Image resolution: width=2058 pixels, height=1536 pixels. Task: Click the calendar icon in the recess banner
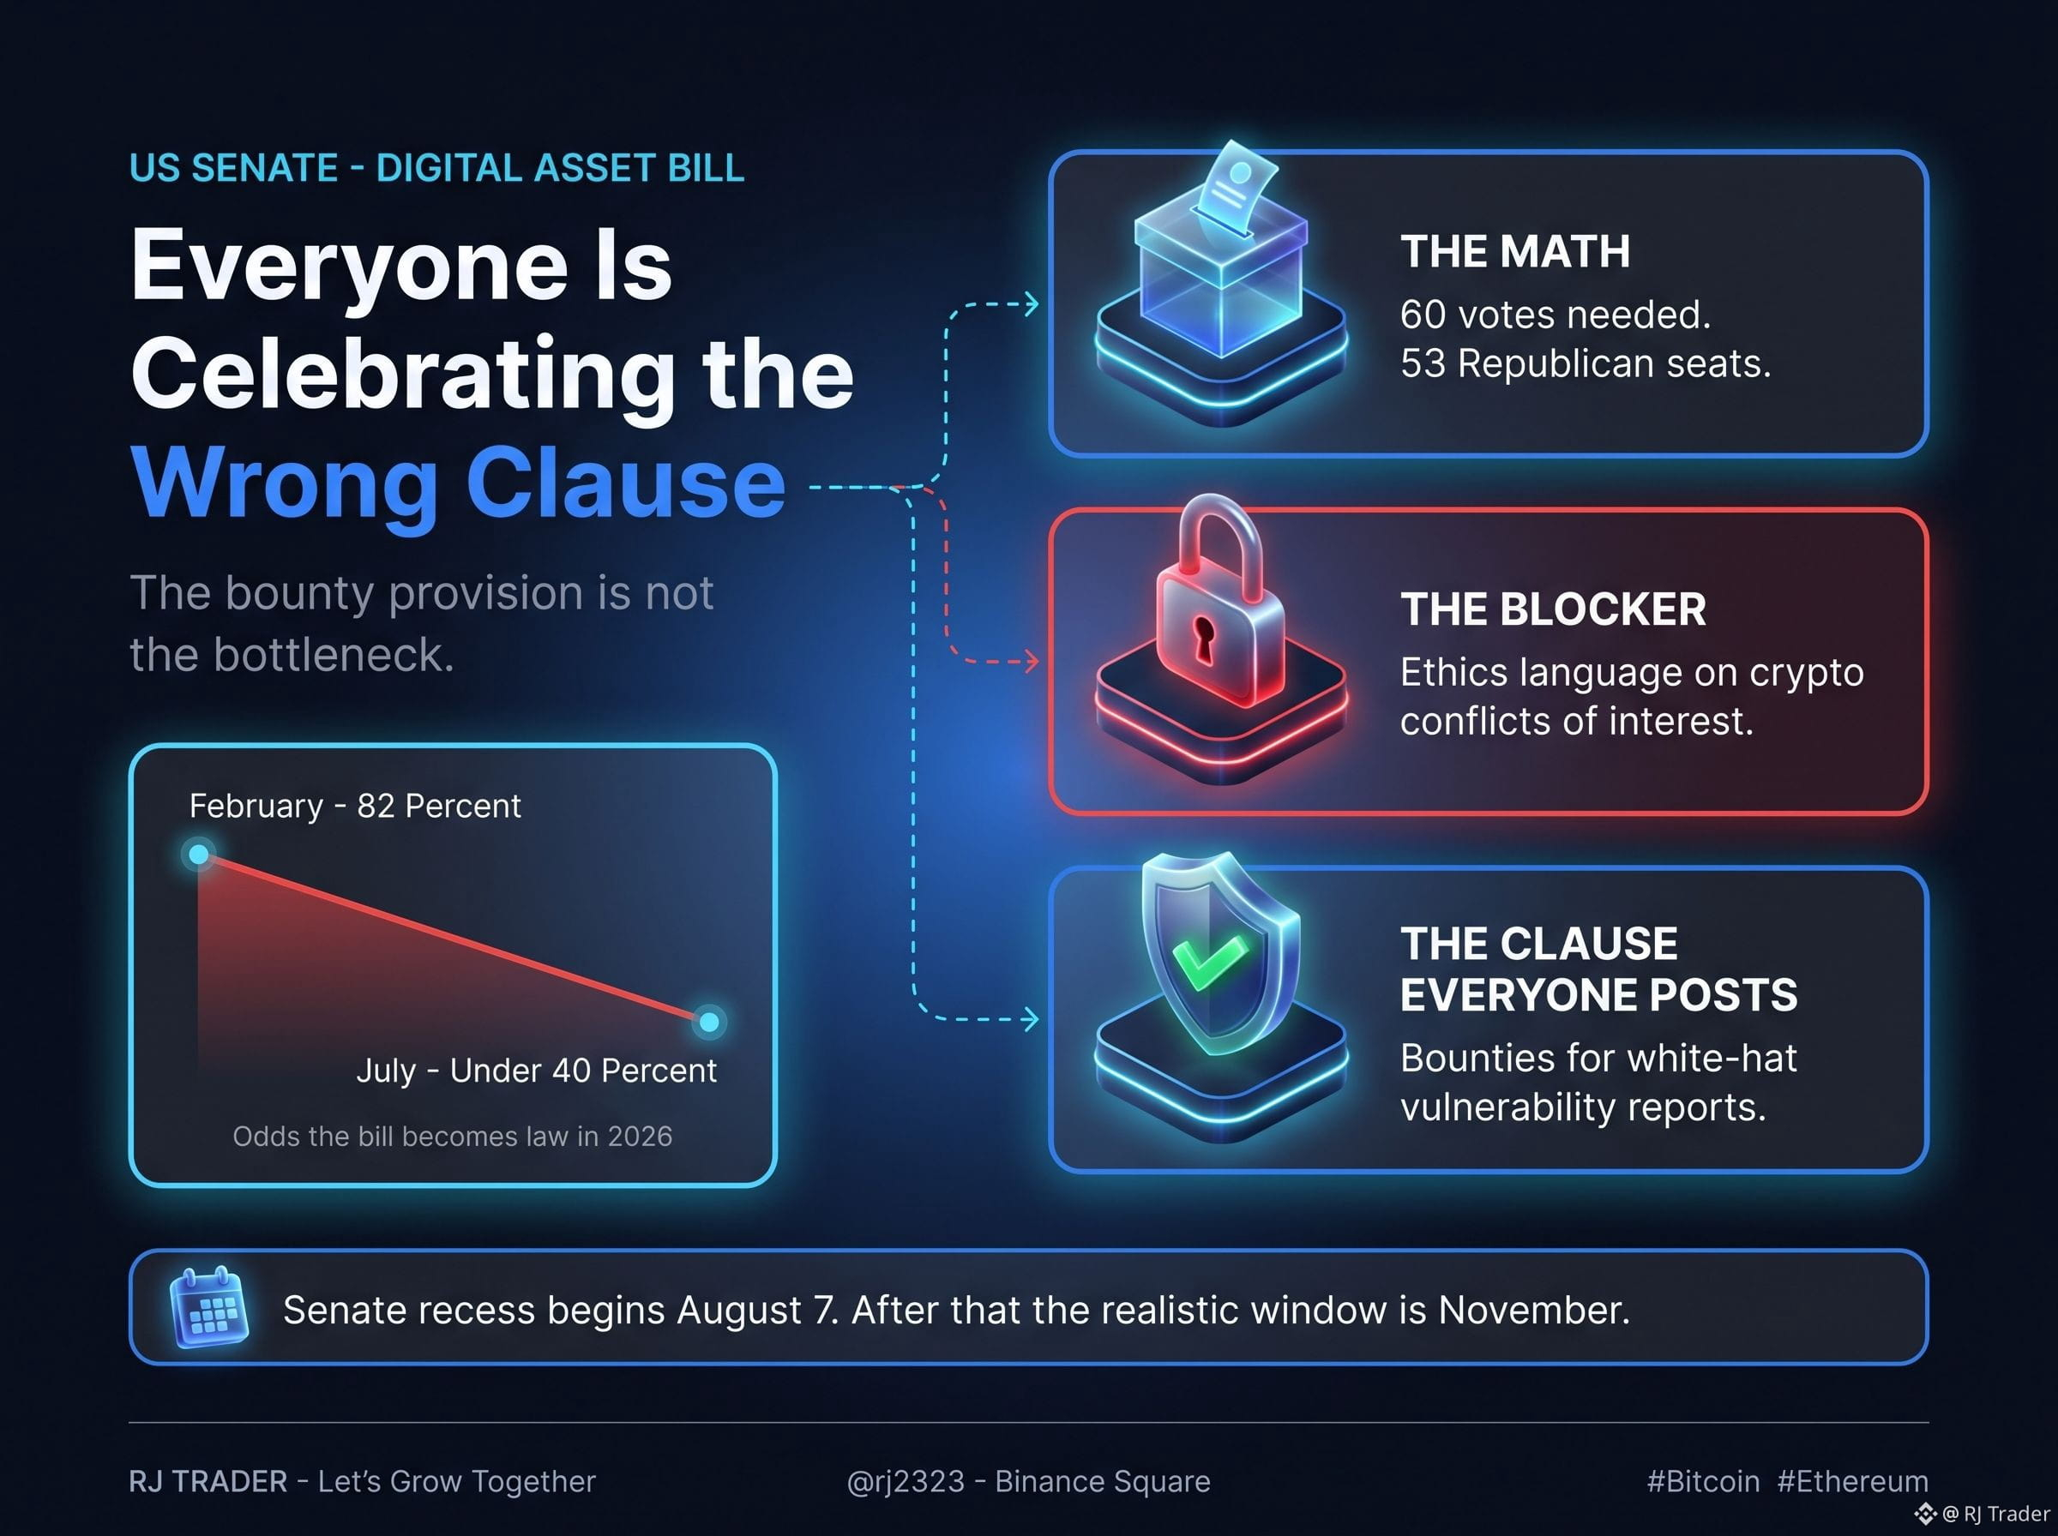click(x=209, y=1306)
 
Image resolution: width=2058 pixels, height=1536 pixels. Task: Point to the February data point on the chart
click(x=198, y=855)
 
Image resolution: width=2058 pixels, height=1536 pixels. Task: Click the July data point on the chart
click(x=708, y=1022)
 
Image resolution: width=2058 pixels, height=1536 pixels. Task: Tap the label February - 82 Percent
click(x=354, y=805)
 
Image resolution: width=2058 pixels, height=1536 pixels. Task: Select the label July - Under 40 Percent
click(x=537, y=1071)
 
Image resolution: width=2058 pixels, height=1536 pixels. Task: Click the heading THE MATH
click(x=1515, y=251)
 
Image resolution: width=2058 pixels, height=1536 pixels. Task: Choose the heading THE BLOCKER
click(x=1553, y=609)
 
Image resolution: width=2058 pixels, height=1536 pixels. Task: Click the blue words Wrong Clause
click(x=459, y=483)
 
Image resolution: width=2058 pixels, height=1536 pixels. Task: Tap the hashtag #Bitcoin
click(x=1703, y=1480)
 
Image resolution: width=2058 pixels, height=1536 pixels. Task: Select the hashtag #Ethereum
click(x=1852, y=1480)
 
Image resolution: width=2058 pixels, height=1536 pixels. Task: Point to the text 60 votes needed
click(x=1555, y=315)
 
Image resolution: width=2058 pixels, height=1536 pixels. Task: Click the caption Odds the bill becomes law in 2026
click(x=452, y=1137)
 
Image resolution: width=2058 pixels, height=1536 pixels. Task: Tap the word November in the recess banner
click(x=1533, y=1310)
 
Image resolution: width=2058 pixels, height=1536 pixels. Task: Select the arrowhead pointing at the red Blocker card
click(x=1031, y=662)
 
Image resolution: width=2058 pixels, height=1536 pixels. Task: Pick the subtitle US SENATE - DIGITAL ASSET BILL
click(x=437, y=167)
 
